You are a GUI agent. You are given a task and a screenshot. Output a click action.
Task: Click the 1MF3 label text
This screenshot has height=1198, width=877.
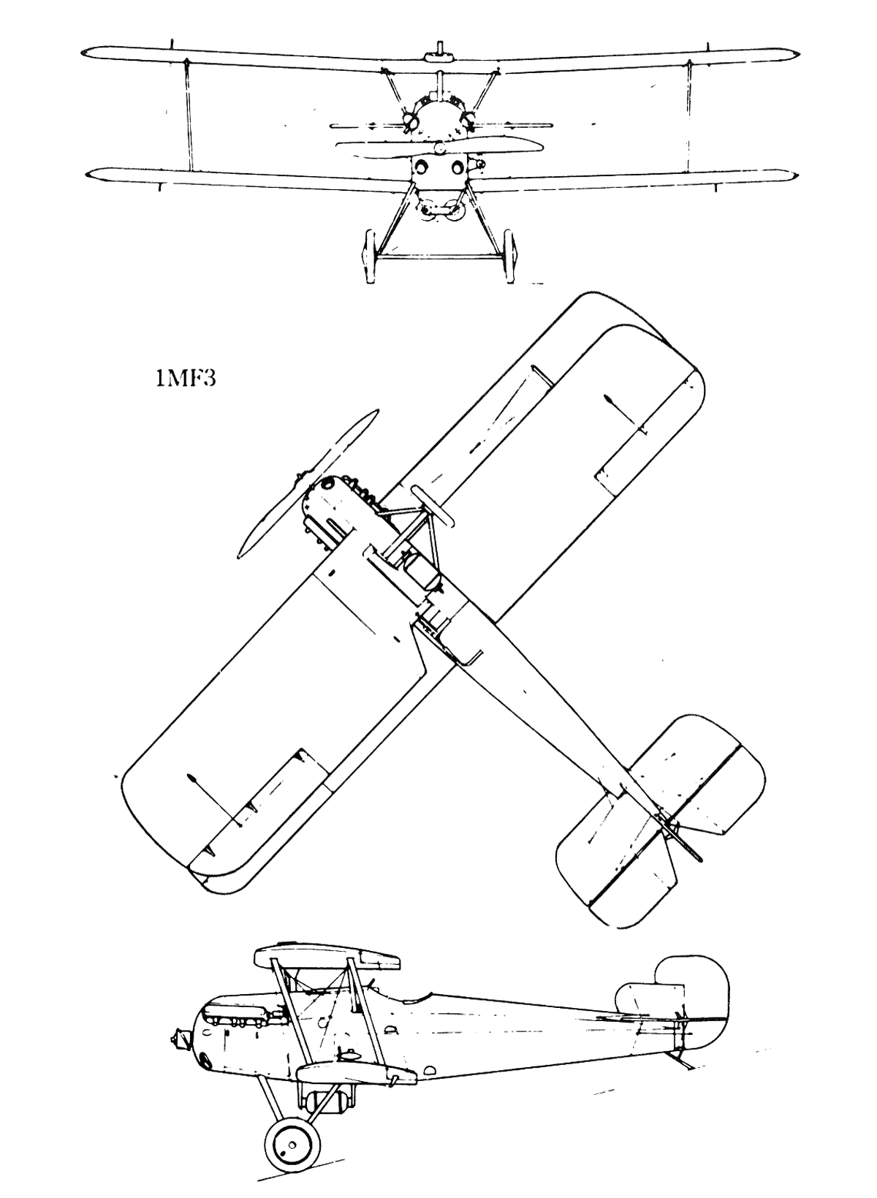click(x=185, y=379)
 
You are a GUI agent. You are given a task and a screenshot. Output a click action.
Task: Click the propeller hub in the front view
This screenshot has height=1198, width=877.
click(x=439, y=148)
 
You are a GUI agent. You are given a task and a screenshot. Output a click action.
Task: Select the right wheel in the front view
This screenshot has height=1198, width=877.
click(x=510, y=257)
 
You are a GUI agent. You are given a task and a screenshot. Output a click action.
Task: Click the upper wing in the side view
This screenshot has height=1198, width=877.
click(x=328, y=958)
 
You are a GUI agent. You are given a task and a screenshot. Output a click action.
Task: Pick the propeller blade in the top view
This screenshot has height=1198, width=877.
click(x=308, y=485)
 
